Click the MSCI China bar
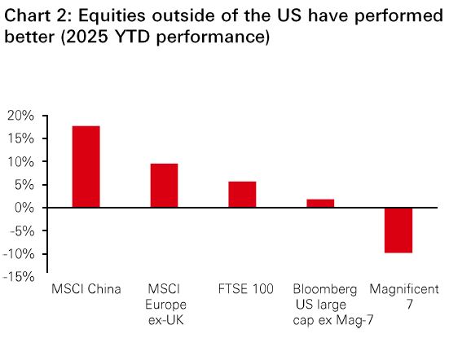[x=86, y=166]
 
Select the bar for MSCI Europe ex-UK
[x=164, y=186]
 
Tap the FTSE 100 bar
[x=242, y=195]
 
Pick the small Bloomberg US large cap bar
[x=320, y=203]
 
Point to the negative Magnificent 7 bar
[x=398, y=230]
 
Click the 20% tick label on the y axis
[x=20, y=116]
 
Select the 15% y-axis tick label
[x=21, y=138]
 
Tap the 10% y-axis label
[x=21, y=162]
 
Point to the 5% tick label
[x=24, y=185]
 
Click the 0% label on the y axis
[x=24, y=208]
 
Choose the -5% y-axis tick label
[x=22, y=231]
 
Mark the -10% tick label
[x=19, y=254]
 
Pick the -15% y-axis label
[x=19, y=277]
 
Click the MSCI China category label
[x=86, y=289]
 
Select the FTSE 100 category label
[x=246, y=289]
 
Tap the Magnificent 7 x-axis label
[x=404, y=296]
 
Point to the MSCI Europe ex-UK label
[x=165, y=305]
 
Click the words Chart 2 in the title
[x=37, y=15]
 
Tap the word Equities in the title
[x=112, y=16]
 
